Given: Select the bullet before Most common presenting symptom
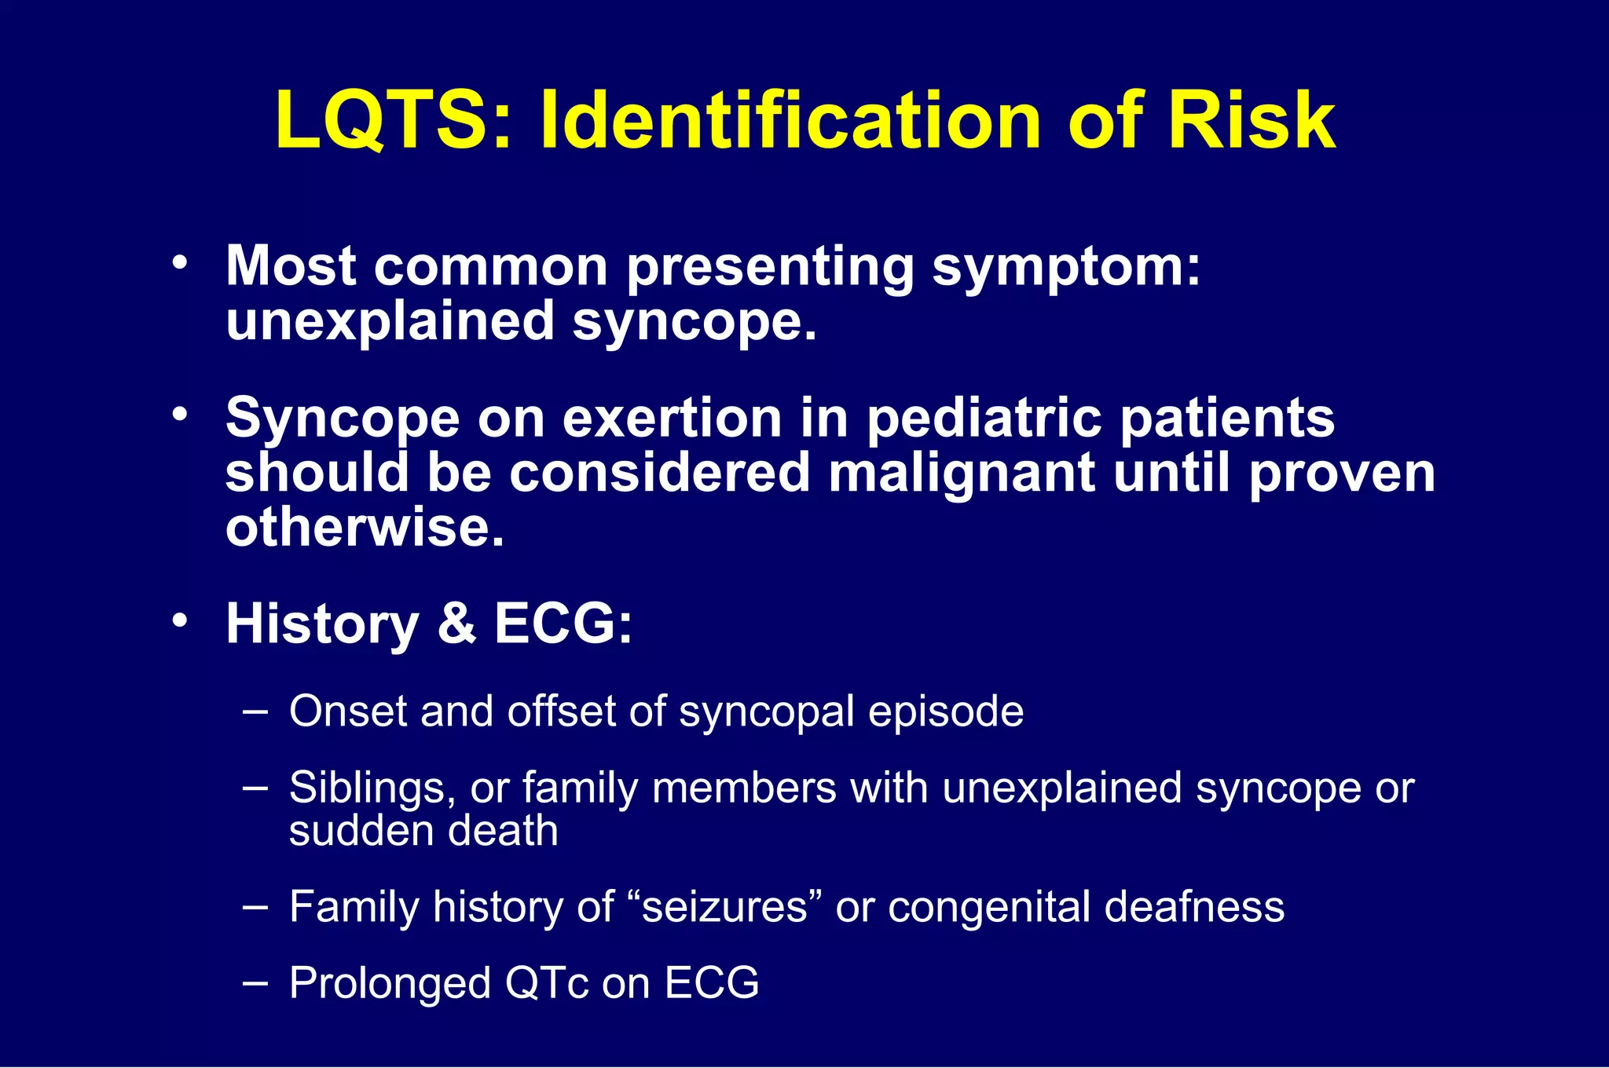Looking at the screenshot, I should pyautogui.click(x=181, y=264).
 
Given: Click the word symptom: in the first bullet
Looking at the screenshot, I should pyautogui.click(x=1066, y=268).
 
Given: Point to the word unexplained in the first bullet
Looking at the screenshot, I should pyautogui.click(x=390, y=323).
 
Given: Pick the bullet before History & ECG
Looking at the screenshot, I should pyautogui.click(x=181, y=620).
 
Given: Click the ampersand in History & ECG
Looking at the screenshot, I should pyautogui.click(x=456, y=624).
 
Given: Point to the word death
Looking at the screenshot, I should pyautogui.click(x=510, y=831).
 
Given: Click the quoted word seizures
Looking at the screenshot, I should pyautogui.click(x=724, y=907).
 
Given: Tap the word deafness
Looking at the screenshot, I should pyautogui.click(x=1194, y=907).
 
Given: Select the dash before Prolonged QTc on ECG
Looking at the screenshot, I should pyautogui.click(x=255, y=982).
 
